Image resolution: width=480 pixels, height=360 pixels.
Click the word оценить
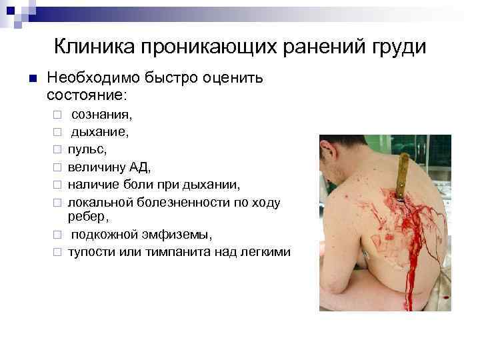[x=231, y=79]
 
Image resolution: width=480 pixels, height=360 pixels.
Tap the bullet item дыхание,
[x=101, y=132]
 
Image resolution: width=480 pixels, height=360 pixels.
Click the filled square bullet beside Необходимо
[x=31, y=79]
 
